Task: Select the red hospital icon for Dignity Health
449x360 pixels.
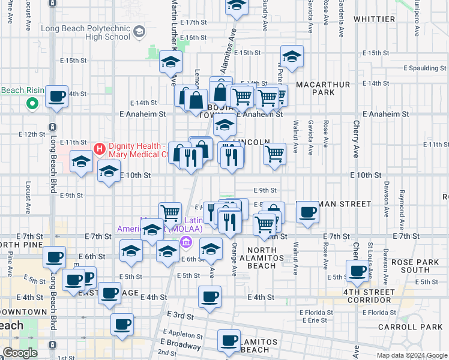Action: (100, 147)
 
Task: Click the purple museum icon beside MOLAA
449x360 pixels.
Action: (186, 242)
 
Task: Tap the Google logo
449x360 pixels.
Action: (19, 353)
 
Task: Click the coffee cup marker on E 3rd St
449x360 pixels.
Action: (121, 325)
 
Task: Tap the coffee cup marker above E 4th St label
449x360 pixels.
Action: (209, 296)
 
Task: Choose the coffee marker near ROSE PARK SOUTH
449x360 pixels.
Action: (358, 270)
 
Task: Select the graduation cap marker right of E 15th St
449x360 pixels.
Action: (292, 56)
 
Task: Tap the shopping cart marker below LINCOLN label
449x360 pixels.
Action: (274, 153)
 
